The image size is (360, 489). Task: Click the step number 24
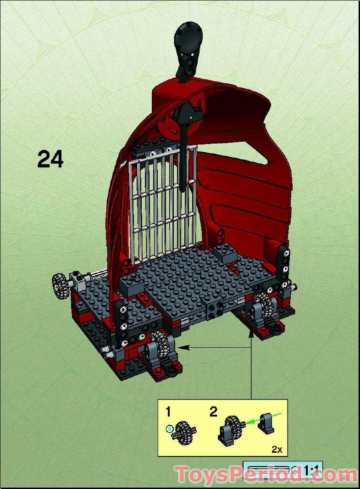point(50,159)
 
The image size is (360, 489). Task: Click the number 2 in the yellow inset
point(213,411)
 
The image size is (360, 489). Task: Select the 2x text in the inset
point(277,450)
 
